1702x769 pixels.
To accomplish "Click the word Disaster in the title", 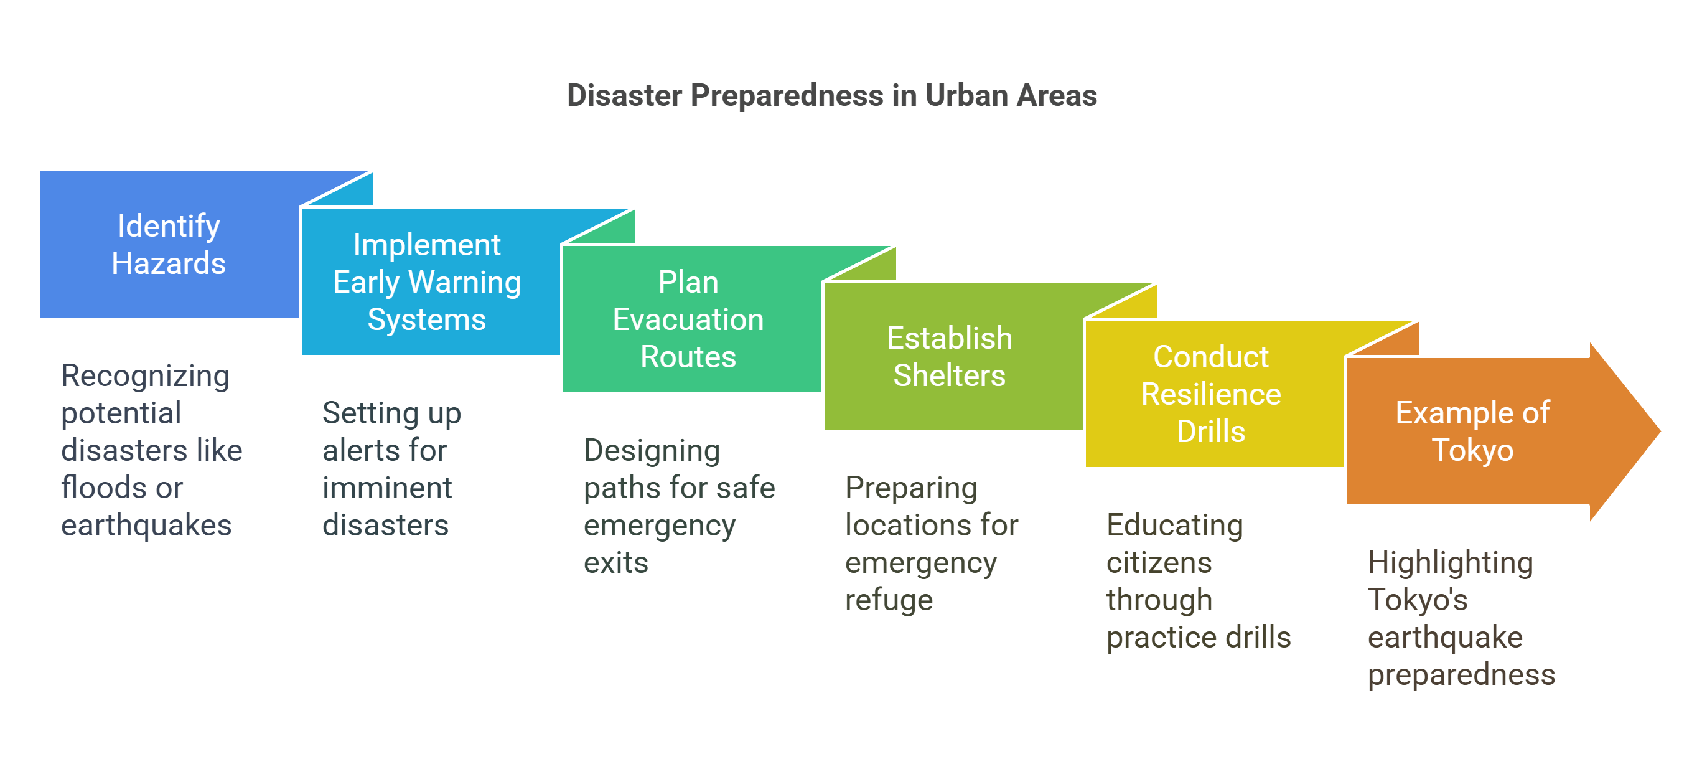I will coord(624,96).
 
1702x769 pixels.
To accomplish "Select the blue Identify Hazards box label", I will coord(169,245).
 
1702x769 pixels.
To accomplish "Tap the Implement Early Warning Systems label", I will coord(427,282).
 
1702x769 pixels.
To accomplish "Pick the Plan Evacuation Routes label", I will coord(688,319).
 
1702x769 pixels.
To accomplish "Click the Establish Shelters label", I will coord(949,356).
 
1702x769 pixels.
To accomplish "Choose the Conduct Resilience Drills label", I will coord(1210,394).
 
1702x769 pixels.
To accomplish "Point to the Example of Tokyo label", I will coord(1472,431).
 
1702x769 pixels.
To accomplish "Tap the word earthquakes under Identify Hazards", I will coord(146,526).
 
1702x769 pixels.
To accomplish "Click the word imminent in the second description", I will coord(386,488).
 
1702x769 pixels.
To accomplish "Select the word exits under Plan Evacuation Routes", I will coord(616,563).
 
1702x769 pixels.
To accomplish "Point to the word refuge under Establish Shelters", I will coord(889,600).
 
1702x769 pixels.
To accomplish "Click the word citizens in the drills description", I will coord(1159,563).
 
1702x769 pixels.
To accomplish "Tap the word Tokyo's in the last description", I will coord(1417,600).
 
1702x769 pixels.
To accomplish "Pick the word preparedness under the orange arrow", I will coord(1461,675).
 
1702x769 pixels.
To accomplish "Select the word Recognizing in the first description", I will coord(146,376).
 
